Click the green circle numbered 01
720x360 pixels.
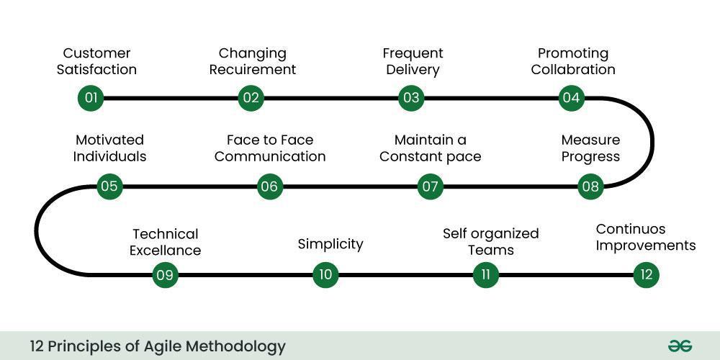(x=91, y=98)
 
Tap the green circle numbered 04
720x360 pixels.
(x=571, y=98)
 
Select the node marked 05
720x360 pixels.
(x=109, y=186)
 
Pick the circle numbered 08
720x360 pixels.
(x=590, y=186)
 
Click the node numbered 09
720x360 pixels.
(x=165, y=274)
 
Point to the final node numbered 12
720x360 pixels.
(x=646, y=274)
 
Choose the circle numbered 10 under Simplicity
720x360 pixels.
(x=325, y=274)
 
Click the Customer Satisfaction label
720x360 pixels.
(x=96, y=61)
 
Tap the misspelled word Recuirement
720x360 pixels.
(x=257, y=70)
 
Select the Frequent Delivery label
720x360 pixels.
(x=413, y=61)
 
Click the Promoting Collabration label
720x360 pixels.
(x=573, y=61)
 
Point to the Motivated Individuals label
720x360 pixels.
(x=109, y=148)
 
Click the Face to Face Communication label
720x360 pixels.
(x=270, y=148)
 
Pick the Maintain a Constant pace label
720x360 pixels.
(x=430, y=148)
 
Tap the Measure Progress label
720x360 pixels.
(x=590, y=148)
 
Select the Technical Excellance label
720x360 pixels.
(x=165, y=242)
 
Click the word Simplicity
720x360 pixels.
(x=330, y=244)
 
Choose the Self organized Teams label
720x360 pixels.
(x=490, y=242)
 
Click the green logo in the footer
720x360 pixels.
(x=679, y=346)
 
